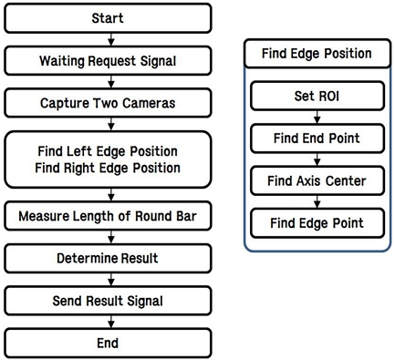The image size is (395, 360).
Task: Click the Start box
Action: click(109, 17)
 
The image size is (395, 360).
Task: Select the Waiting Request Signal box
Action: click(109, 60)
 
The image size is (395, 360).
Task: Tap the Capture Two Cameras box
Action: click(109, 103)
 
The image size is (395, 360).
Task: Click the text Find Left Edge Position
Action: click(109, 150)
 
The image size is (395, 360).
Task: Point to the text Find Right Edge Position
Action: click(109, 168)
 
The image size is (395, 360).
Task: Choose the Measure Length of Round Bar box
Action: click(109, 217)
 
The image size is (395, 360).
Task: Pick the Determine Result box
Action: click(109, 260)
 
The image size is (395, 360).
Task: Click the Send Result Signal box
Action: click(109, 302)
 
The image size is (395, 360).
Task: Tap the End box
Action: click(109, 344)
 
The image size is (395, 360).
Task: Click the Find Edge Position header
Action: click(317, 54)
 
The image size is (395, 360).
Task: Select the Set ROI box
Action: click(317, 96)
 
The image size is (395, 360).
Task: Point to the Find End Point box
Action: click(317, 139)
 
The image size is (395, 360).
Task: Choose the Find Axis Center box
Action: click(317, 180)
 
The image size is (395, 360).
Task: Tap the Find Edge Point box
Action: click(317, 222)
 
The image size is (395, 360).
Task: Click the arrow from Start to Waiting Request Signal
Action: click(109, 38)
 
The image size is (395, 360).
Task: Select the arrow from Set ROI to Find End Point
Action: click(317, 118)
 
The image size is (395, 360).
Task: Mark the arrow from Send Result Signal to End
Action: click(109, 323)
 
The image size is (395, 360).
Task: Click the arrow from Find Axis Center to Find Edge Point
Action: click(317, 201)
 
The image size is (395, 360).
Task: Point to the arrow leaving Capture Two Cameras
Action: click(109, 124)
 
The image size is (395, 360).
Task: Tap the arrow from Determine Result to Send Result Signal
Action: click(109, 281)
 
